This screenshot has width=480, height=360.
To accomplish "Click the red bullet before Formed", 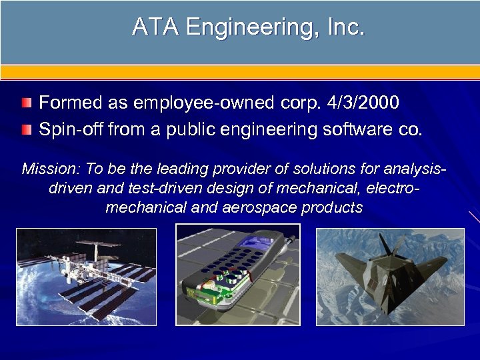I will pos(26,103).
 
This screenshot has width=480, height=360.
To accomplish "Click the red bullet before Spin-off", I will pos(26,129).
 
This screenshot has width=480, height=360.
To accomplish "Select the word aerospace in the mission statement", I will pos(262,207).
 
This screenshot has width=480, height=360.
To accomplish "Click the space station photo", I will pos(86,277).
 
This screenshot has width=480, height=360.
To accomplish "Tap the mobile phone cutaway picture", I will pos(237,275).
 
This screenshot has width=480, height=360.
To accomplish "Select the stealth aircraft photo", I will pos(390,277).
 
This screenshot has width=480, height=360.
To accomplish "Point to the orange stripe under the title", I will pos(240,72).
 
